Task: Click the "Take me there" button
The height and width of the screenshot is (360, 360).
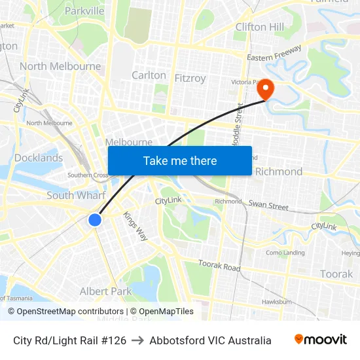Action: [x=180, y=160]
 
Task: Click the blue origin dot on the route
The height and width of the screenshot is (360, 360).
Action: [x=95, y=220]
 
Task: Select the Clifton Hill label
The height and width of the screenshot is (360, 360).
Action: [x=260, y=27]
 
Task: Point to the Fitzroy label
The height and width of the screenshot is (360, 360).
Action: [x=190, y=78]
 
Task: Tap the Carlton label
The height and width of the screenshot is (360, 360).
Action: [x=149, y=75]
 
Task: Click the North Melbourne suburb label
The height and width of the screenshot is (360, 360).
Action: [x=60, y=66]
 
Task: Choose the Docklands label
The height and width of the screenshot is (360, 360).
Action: [x=39, y=158]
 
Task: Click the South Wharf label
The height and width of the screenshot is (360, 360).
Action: [x=76, y=195]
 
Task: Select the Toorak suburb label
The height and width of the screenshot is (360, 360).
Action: [x=336, y=274]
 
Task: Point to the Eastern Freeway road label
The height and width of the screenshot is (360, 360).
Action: [x=274, y=53]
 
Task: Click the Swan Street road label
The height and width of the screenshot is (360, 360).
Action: [x=268, y=206]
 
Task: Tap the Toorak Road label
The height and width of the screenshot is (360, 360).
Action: [x=219, y=266]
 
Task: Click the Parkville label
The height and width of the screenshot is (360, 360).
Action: [x=84, y=10]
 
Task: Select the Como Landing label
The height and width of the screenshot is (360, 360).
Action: [x=285, y=253]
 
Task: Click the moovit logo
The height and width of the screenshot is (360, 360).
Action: [x=320, y=340]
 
